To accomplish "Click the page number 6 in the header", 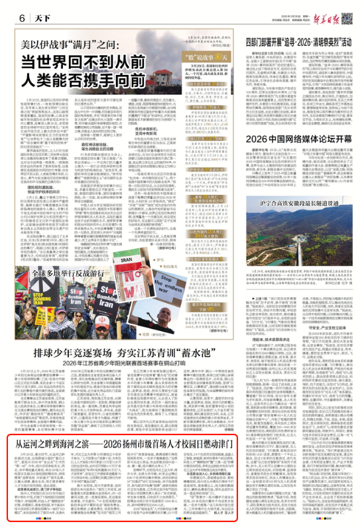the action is click(x=12, y=17).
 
